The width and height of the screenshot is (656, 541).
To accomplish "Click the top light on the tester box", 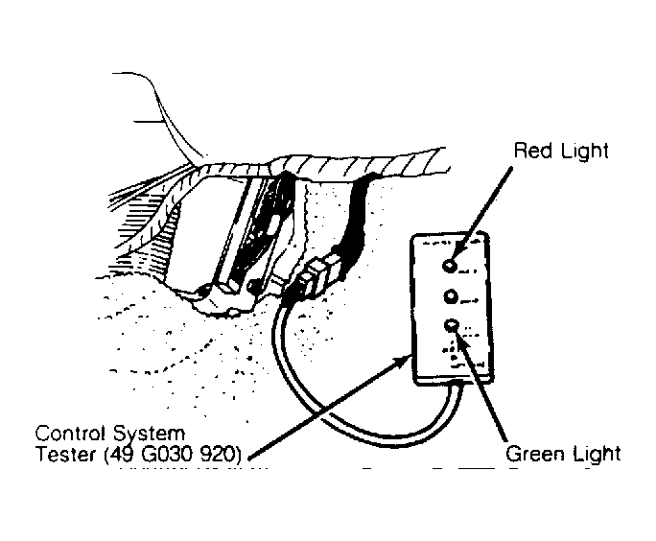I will pyautogui.click(x=450, y=264).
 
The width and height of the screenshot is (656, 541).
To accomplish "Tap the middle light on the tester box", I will pyautogui.click(x=450, y=296).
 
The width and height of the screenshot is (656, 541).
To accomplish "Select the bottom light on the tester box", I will pyautogui.click(x=450, y=326).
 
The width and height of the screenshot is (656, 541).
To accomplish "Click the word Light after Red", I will pyautogui.click(x=584, y=151).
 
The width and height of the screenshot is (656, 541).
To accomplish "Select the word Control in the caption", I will pyautogui.click(x=65, y=433).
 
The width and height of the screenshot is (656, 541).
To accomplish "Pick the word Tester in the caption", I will pyautogui.click(x=60, y=454).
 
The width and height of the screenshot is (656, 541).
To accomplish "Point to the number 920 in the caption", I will pyautogui.click(x=217, y=454).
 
